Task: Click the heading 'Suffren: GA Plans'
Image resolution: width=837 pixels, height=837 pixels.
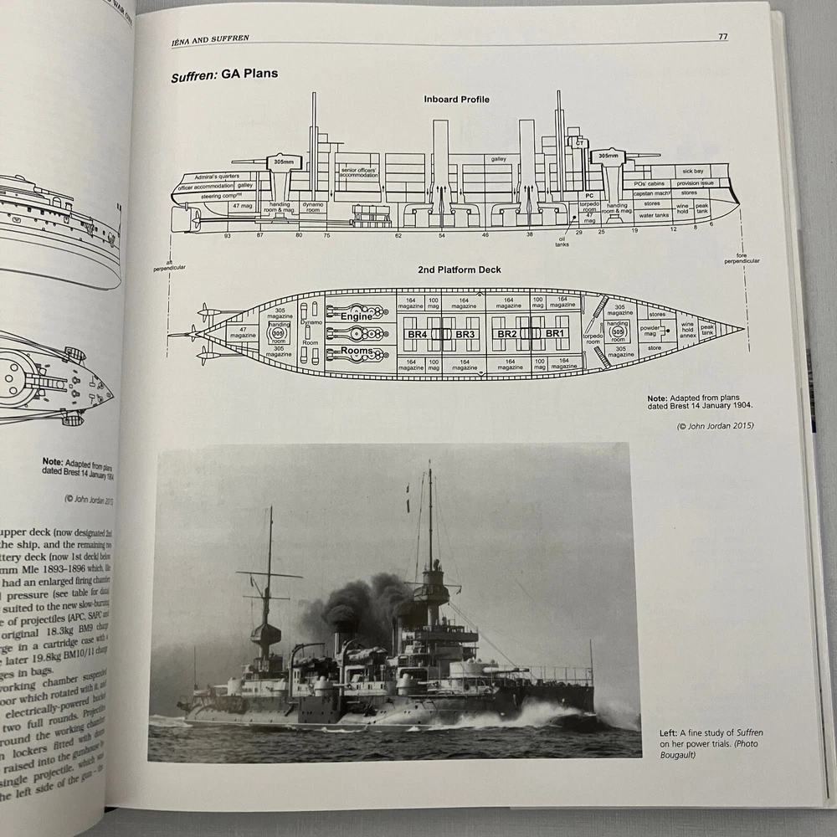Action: [x=224, y=74]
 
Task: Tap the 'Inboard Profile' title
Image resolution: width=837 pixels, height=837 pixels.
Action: [x=456, y=100]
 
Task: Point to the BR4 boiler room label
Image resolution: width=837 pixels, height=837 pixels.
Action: [x=418, y=333]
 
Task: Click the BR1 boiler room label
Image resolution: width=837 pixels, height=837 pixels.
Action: [x=556, y=333]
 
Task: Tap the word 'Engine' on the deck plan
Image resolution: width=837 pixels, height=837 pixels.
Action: [x=357, y=316]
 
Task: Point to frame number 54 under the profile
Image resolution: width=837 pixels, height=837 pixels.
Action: [x=441, y=236]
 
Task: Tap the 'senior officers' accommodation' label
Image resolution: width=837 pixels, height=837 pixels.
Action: [x=361, y=172]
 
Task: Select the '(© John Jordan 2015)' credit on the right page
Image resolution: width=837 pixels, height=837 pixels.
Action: [x=715, y=426]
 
